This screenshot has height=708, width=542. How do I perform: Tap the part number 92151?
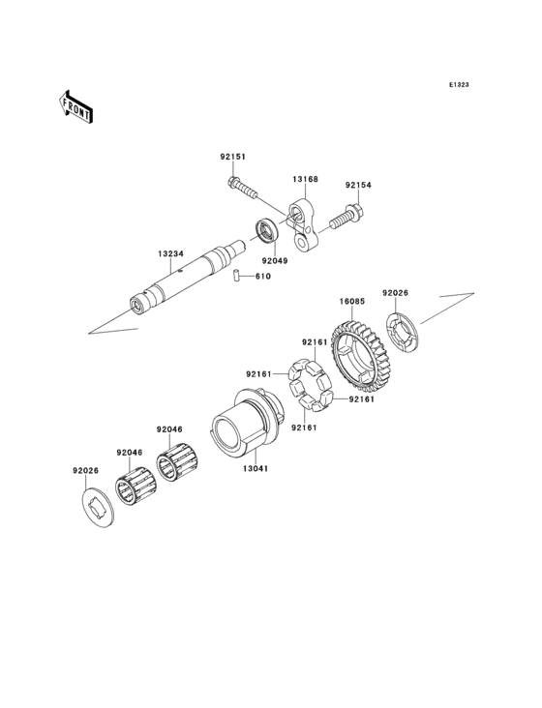click(x=232, y=157)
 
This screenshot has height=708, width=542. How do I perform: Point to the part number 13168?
click(x=307, y=179)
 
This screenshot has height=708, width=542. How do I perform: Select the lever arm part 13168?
click(x=302, y=225)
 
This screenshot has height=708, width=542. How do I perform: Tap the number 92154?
click(x=359, y=185)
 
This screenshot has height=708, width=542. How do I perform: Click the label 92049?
click(x=274, y=260)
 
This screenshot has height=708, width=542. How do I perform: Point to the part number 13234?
click(x=170, y=254)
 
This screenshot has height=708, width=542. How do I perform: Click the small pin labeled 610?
click(x=235, y=278)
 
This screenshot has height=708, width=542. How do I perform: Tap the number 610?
click(x=263, y=278)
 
